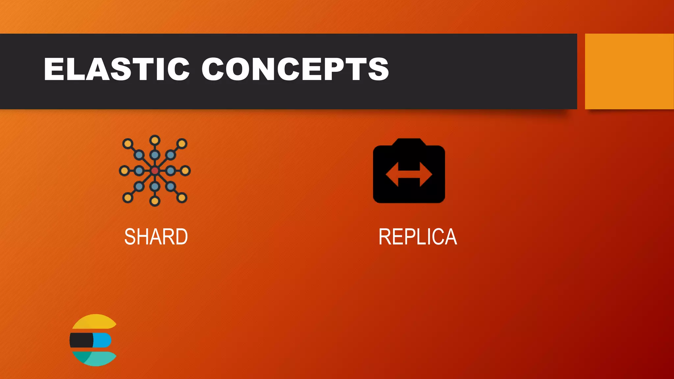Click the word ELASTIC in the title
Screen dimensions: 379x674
[117, 69]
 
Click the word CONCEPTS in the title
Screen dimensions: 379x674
[295, 69]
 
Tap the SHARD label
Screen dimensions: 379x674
[156, 237]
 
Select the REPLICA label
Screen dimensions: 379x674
[418, 237]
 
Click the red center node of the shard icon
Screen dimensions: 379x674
[155, 170]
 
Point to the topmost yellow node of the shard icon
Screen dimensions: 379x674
[155, 140]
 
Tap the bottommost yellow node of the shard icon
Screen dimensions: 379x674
[155, 201]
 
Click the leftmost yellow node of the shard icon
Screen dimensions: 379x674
[124, 170]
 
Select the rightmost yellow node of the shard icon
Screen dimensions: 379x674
[185, 170]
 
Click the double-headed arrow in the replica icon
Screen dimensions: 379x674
[409, 174]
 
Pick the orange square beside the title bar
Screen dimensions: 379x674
[629, 71]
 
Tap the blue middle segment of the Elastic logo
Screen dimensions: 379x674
[102, 340]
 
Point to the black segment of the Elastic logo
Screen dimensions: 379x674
[81, 340]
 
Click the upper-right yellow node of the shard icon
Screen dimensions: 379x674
[182, 143]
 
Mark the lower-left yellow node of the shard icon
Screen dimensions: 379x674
[128, 198]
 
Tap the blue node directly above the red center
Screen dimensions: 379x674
[155, 155]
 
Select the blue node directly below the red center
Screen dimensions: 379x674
[155, 187]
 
